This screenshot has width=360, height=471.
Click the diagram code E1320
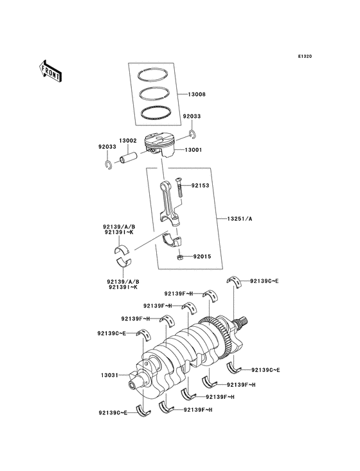coord(305,56)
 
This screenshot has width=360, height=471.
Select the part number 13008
coord(197,95)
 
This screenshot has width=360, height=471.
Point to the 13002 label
coord(127,140)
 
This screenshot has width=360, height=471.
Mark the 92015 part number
coord(201,255)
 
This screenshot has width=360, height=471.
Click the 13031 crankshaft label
coord(108,373)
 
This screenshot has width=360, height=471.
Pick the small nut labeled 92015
coord(181,257)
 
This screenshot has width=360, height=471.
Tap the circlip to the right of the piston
coord(192,133)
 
